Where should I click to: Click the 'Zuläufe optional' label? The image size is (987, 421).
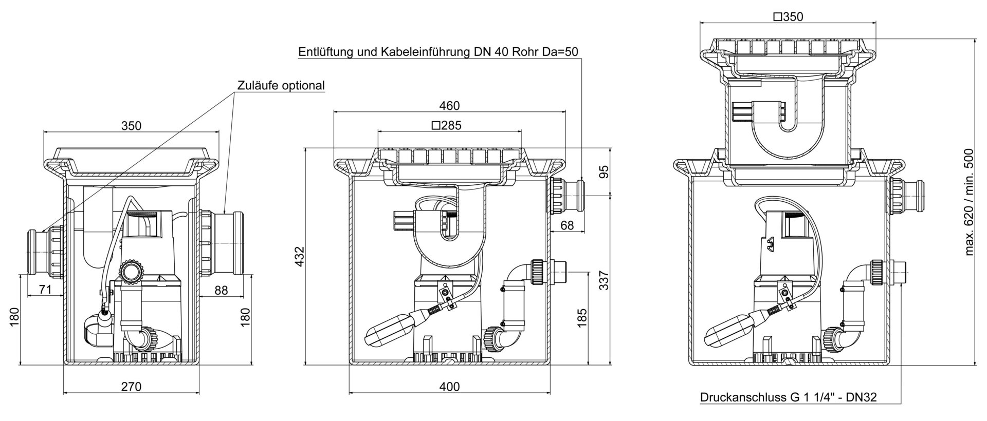pyautogui.click(x=281, y=85)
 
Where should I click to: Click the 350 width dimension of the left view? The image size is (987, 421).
pyautogui.click(x=131, y=126)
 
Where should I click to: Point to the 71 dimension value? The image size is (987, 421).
pyautogui.click(x=46, y=290)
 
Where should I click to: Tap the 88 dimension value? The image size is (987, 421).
pyautogui.click(x=221, y=290)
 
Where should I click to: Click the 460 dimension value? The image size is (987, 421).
pyautogui.click(x=449, y=106)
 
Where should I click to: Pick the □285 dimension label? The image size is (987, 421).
pyautogui.click(x=446, y=125)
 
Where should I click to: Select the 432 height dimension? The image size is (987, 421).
pyautogui.click(x=300, y=257)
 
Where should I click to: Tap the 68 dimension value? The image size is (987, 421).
pyautogui.click(x=566, y=225)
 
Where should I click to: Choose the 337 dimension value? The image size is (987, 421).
pyautogui.click(x=604, y=280)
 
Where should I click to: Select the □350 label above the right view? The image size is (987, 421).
pyautogui.click(x=788, y=17)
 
